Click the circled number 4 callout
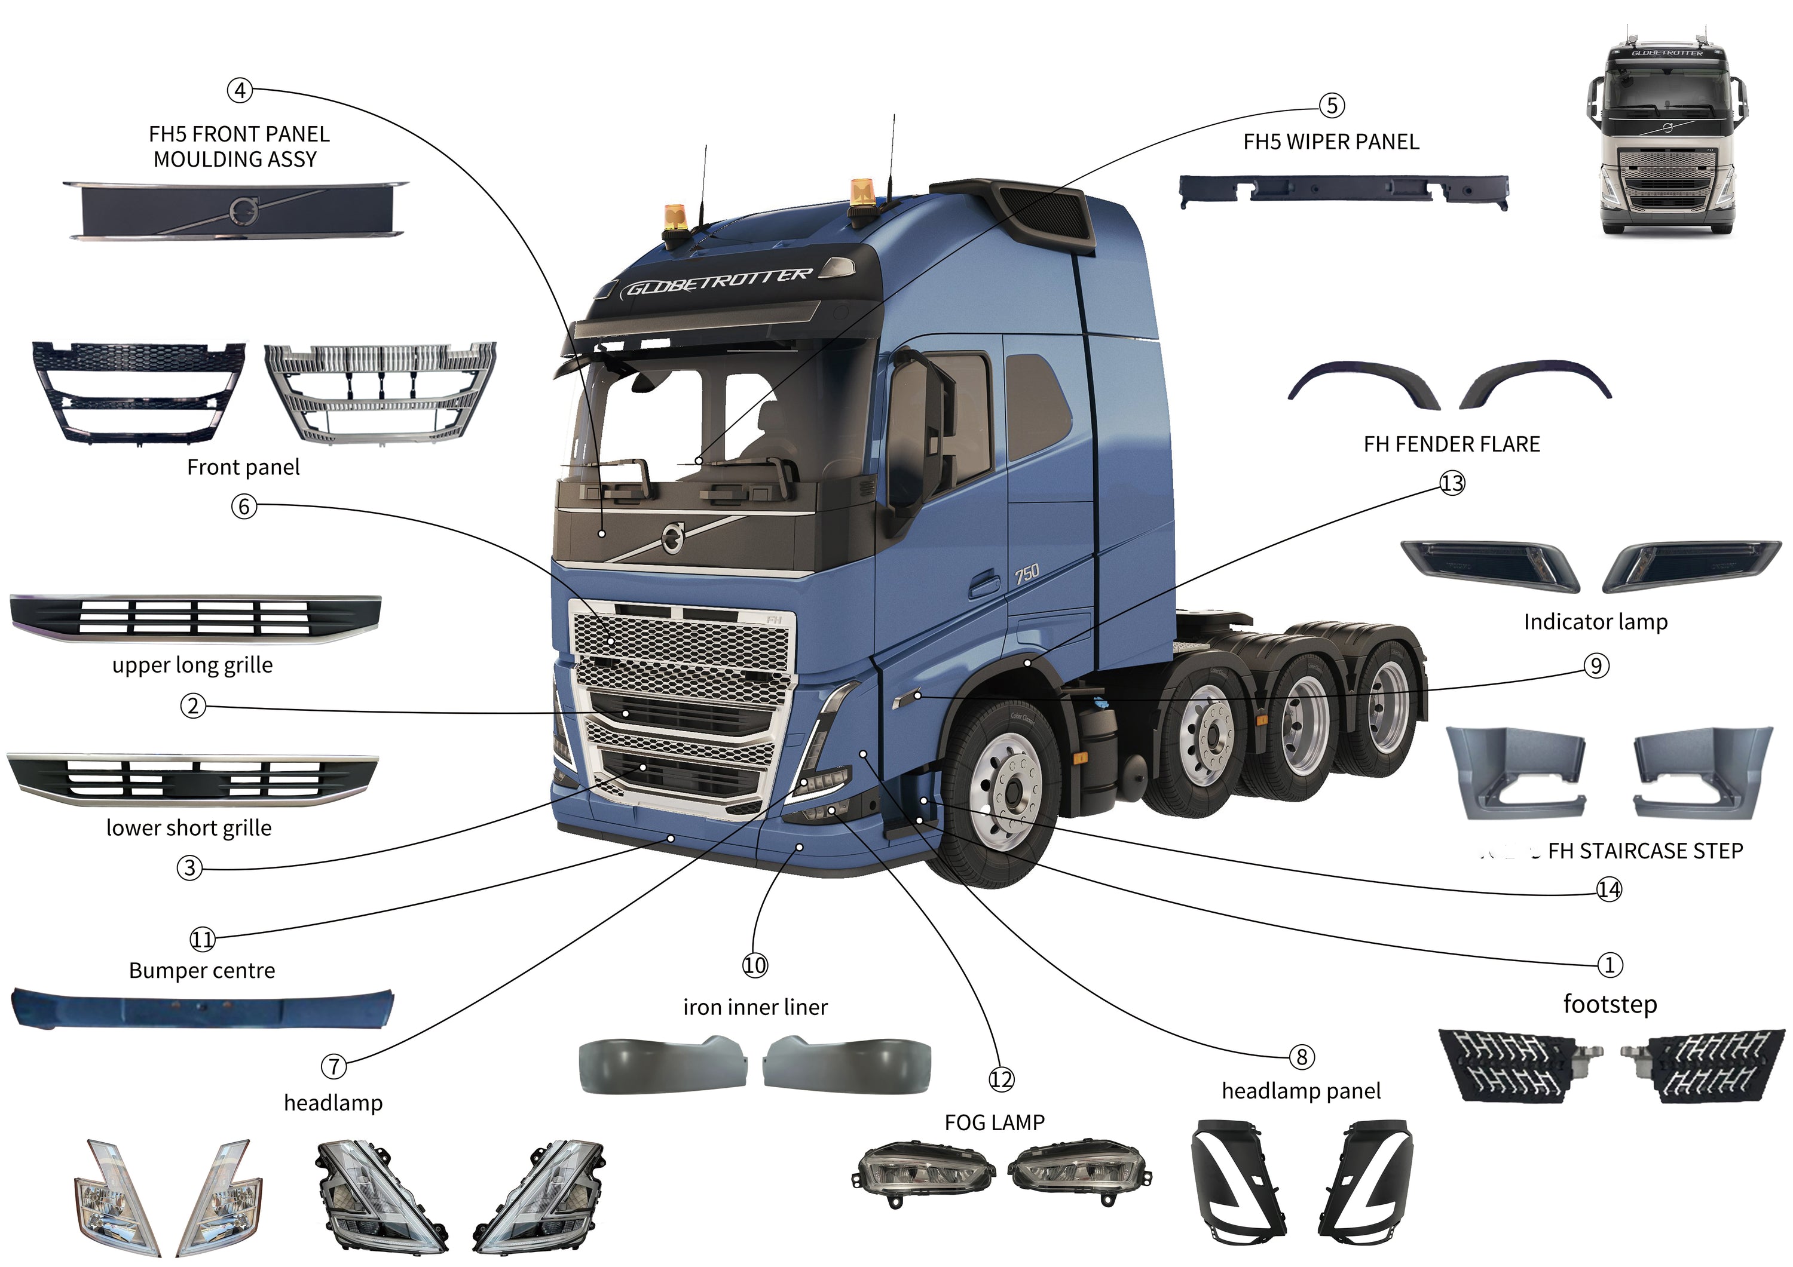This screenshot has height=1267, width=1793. (x=240, y=91)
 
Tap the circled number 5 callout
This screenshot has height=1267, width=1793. (x=1332, y=105)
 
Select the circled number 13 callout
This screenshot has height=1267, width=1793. (x=1452, y=484)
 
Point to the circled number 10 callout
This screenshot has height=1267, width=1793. (x=754, y=966)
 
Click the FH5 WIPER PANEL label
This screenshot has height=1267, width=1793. (x=1330, y=142)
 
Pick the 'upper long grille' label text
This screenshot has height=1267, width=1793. (x=192, y=665)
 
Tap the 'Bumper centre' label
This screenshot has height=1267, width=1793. (x=201, y=970)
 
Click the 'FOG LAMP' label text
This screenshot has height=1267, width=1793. (x=994, y=1122)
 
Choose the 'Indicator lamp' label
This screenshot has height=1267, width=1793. (x=1595, y=622)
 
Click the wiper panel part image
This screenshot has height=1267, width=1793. (x=1343, y=191)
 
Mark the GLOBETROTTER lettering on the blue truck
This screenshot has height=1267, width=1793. (x=718, y=283)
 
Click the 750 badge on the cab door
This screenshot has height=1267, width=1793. (x=1027, y=574)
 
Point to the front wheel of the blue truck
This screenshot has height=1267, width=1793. (x=1008, y=792)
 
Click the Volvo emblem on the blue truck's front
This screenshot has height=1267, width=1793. (x=672, y=537)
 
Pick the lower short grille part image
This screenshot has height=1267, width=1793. (x=192, y=779)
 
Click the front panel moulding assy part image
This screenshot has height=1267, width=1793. (x=234, y=209)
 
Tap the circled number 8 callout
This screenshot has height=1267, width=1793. (x=1301, y=1057)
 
